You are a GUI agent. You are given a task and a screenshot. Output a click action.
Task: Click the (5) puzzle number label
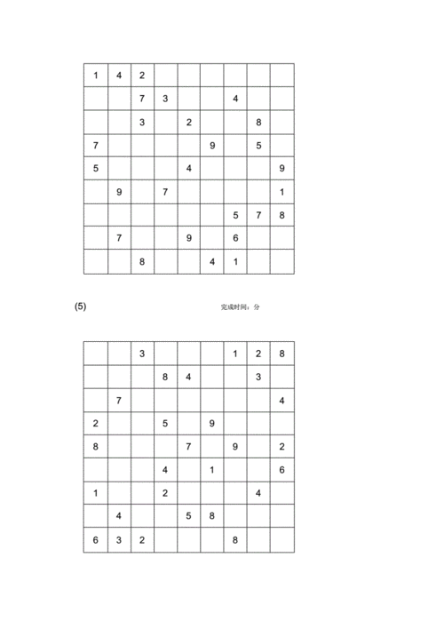click(80, 307)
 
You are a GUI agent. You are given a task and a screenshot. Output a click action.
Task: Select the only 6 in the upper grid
click(235, 238)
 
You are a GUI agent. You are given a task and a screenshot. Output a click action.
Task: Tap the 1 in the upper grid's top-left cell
click(96, 76)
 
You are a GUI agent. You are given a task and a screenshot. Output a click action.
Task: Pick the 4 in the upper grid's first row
click(119, 76)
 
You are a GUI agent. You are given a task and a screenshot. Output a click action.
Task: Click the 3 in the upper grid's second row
click(165, 99)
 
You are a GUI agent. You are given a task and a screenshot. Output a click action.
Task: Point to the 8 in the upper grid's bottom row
click(142, 261)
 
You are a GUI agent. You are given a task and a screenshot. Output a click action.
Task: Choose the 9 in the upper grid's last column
click(281, 168)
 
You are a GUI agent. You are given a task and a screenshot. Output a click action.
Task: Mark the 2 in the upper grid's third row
click(188, 122)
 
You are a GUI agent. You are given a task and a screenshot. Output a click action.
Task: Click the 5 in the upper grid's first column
click(96, 168)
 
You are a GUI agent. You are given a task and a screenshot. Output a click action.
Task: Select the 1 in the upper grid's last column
click(281, 191)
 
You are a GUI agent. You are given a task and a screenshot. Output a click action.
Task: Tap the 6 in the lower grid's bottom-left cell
click(96, 539)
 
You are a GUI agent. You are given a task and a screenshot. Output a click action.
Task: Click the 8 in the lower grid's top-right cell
click(281, 354)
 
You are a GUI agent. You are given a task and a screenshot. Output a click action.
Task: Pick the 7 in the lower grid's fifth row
click(188, 446)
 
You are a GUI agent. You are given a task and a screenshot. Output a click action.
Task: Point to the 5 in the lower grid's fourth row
click(165, 423)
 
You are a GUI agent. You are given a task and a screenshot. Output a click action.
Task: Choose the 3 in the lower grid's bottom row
click(119, 539)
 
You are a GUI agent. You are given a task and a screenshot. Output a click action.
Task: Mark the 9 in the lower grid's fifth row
click(235, 446)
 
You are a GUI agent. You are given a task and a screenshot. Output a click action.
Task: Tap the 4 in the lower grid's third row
click(281, 400)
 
